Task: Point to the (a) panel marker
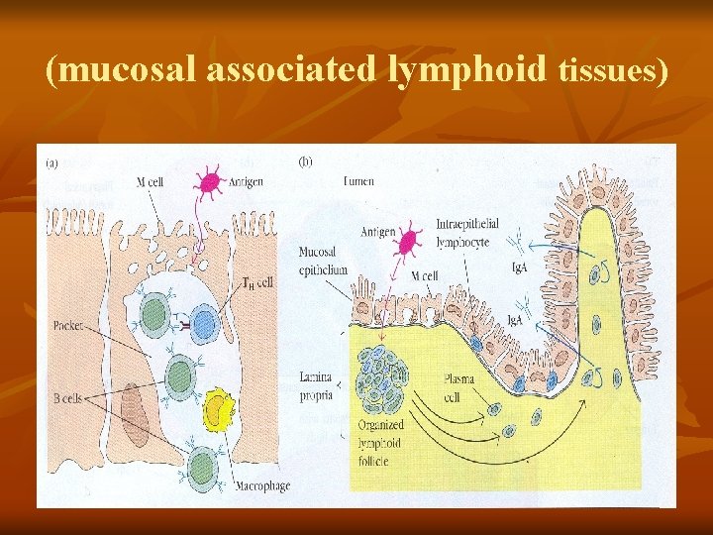pos(52,160)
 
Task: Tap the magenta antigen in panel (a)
pos(210,183)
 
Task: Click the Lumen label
pos(357,181)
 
